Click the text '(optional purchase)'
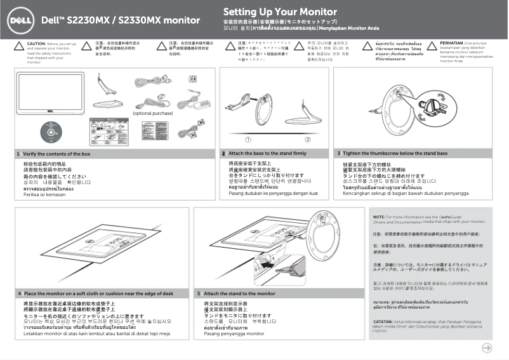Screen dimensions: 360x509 pos(152,113)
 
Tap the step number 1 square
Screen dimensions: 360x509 pos(18,154)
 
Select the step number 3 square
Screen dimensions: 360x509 pos(339,154)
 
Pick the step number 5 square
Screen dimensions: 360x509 pos(199,294)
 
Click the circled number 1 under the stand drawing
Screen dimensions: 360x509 pos(248,138)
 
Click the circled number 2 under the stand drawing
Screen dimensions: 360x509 pos(307,138)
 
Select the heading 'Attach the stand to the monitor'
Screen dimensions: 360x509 pos(240,294)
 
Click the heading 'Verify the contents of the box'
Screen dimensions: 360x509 pos(56,154)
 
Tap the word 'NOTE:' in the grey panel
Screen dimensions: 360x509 pos(379,217)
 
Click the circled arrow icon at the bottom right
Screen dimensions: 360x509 pos(487,347)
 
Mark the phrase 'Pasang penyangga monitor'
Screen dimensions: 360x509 pos(234,333)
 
